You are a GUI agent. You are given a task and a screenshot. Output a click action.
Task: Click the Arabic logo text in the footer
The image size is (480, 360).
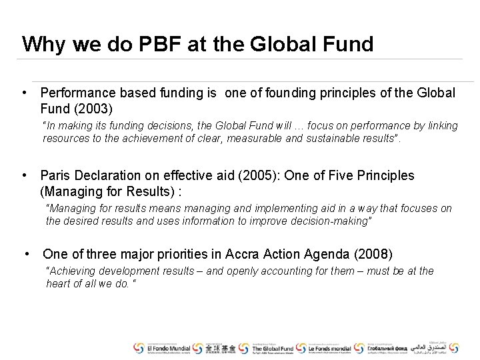click(x=433, y=348)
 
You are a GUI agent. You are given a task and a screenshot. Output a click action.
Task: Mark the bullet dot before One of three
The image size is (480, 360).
click(x=27, y=254)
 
